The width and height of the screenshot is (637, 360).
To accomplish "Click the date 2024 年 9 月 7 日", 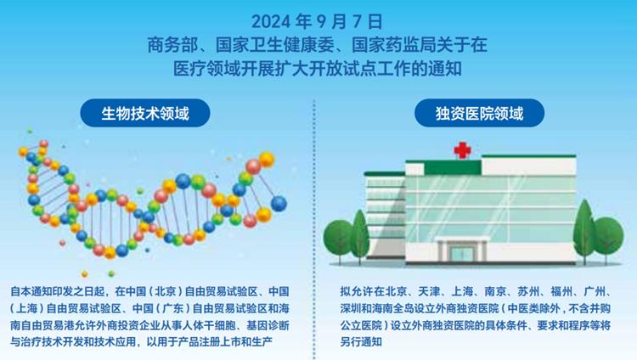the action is coord(317,21).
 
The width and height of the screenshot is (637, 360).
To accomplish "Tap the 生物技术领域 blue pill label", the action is coord(145,113).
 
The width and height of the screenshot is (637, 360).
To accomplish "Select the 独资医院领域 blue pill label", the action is coord(479,113).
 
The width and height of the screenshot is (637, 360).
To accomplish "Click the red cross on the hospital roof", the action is coord(462,150).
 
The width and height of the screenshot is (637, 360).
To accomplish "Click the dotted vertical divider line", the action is coord(314,229).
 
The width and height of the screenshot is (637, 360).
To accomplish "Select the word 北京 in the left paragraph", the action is coord(166,291).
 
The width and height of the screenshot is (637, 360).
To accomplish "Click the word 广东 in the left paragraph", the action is coord(173,308).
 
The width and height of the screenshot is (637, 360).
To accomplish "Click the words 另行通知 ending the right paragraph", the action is coord(361,342).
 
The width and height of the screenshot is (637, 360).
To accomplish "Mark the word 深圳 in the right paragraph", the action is coord(351,308).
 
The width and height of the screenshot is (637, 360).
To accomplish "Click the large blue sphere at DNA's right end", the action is coord(279,203).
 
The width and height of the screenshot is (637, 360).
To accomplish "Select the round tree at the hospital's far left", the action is coord(338,239).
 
